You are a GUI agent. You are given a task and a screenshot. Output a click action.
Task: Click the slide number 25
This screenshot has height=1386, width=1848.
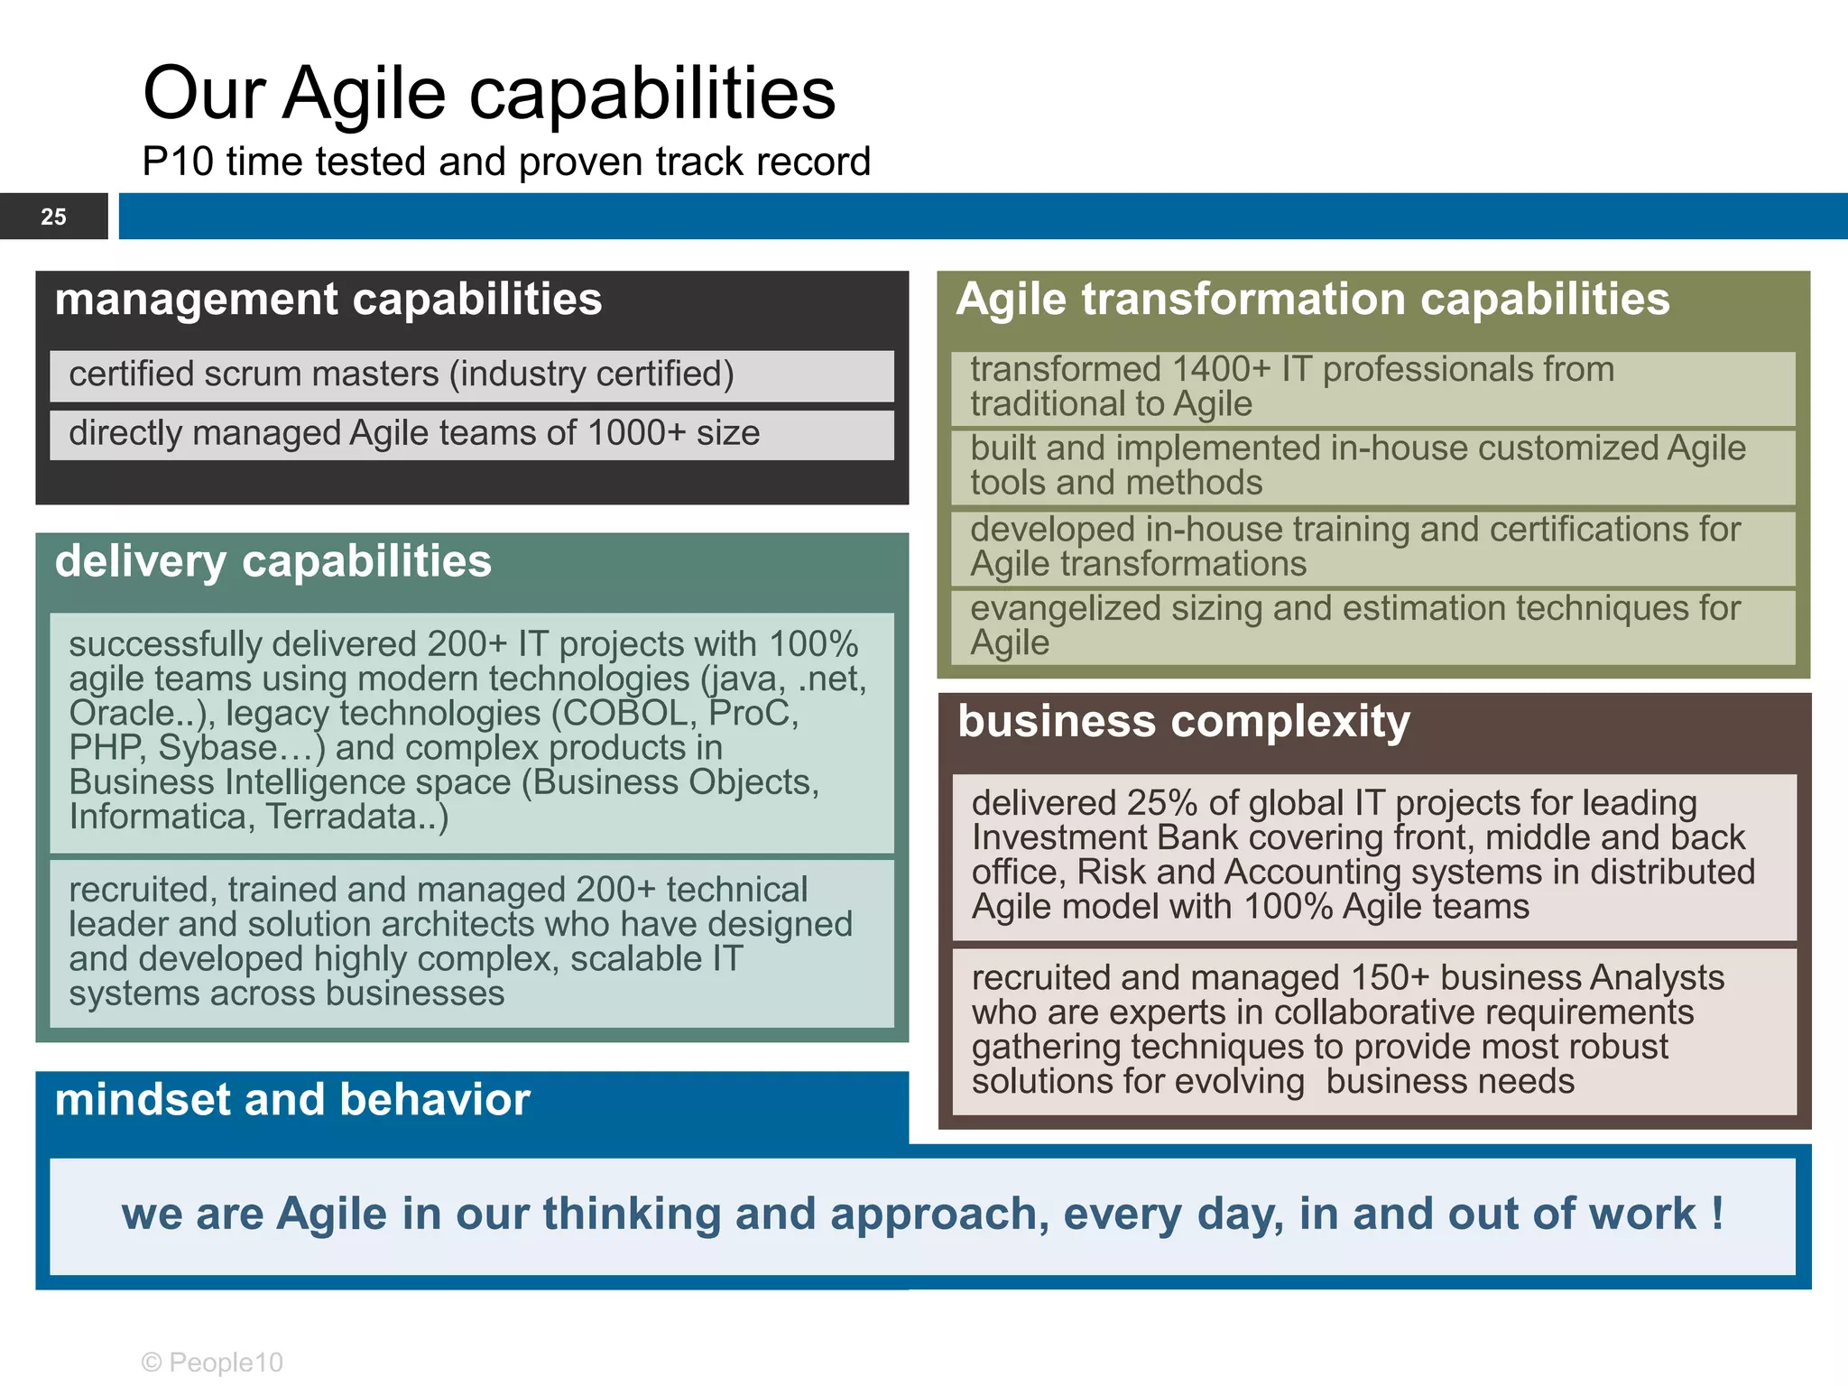pyautogui.click(x=53, y=217)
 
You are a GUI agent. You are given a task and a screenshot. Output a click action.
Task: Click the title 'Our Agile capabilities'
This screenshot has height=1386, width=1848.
pyautogui.click(x=489, y=93)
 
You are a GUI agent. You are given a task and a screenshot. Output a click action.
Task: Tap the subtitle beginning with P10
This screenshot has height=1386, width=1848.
pyautogui.click(x=505, y=162)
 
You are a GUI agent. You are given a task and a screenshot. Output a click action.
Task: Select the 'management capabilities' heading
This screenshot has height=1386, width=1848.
pyautogui.click(x=328, y=300)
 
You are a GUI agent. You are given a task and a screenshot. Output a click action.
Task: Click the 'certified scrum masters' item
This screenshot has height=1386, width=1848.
pyautogui.click(x=402, y=374)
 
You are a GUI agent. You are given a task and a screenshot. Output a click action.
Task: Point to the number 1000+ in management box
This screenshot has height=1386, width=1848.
pyautogui.click(x=636, y=433)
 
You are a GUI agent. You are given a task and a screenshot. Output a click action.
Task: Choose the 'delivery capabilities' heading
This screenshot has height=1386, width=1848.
pyautogui.click(x=273, y=561)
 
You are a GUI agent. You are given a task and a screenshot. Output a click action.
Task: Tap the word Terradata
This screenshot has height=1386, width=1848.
pyautogui.click(x=352, y=818)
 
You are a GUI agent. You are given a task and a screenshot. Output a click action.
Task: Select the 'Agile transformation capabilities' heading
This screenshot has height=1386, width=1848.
pyautogui.click(x=1312, y=300)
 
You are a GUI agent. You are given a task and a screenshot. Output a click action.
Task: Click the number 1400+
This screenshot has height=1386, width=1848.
pyautogui.click(x=1207, y=370)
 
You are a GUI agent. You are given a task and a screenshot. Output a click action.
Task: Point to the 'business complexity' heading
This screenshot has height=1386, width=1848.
pyautogui.click(x=1183, y=722)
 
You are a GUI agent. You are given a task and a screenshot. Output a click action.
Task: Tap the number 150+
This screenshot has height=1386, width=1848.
pyautogui.click(x=1390, y=978)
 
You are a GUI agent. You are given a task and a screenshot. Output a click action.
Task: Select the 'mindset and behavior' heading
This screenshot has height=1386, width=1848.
pyautogui.click(x=292, y=1100)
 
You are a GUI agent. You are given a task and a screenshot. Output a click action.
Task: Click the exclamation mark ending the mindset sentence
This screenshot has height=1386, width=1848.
pyautogui.click(x=1716, y=1213)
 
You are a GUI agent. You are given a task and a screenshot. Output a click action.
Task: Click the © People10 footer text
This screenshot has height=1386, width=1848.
pyautogui.click(x=213, y=1363)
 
